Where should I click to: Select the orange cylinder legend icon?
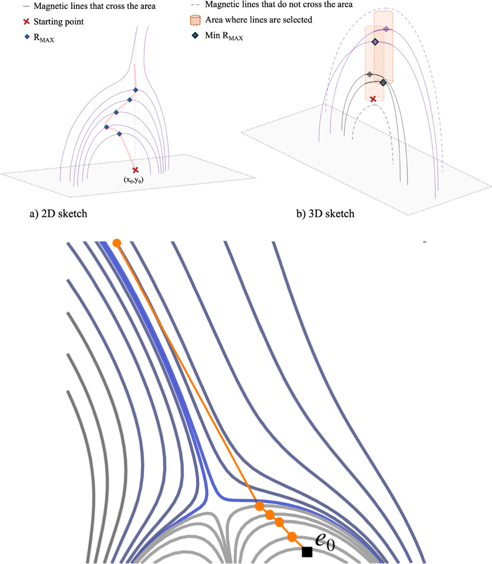coord(195,20)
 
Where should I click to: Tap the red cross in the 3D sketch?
coord(373,99)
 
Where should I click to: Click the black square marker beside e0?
coord(307,552)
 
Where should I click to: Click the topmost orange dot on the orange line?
coord(116,242)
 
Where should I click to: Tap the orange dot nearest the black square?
coord(292,537)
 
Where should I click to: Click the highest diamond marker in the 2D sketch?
coord(136,90)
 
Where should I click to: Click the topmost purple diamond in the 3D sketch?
coord(386,29)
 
